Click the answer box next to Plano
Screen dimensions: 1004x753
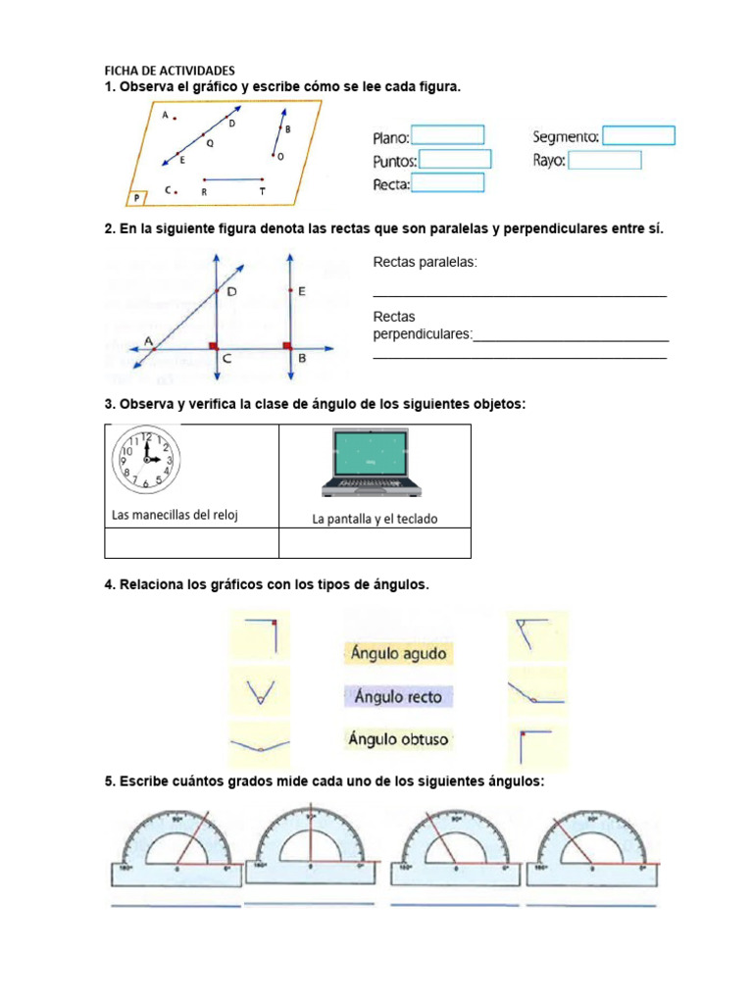tap(447, 135)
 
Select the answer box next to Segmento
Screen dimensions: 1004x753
tap(638, 135)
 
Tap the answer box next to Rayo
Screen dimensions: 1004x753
tap(605, 160)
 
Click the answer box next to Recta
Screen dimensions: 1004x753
tap(447, 183)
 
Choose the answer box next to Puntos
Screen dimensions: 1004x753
tap(455, 160)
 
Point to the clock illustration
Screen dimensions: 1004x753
tap(144, 459)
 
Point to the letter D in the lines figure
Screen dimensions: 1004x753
tap(231, 292)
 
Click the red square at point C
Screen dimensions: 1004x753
tap(213, 346)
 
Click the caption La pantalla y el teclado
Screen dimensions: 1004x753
tap(375, 520)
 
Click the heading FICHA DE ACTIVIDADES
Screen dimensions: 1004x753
tap(170, 72)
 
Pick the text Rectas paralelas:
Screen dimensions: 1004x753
tap(426, 263)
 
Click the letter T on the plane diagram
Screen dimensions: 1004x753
tap(262, 193)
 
